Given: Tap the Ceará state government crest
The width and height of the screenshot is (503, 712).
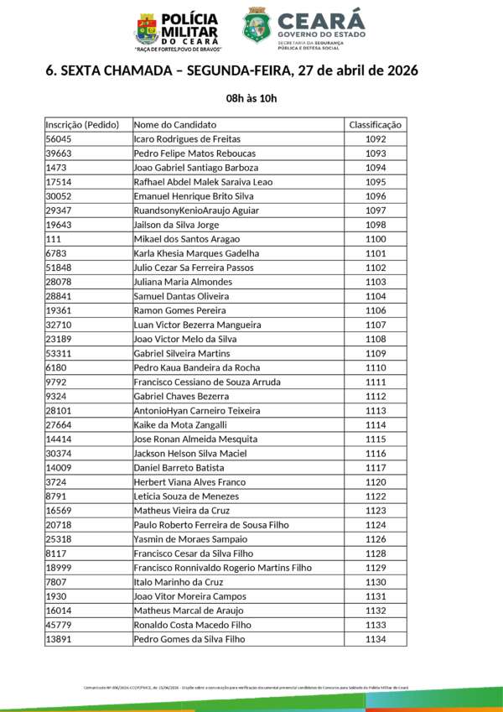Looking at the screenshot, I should point(256,26).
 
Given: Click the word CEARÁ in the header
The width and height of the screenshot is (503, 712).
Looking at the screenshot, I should point(320,19).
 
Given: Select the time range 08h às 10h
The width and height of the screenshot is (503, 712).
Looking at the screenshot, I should point(251,98).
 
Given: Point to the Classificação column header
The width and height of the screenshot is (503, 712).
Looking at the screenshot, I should point(376,125).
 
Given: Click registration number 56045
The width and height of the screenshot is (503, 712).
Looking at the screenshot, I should point(59,139).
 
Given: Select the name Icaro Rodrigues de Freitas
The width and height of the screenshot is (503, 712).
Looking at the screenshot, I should point(187,139).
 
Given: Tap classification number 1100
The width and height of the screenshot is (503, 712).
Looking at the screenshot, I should point(376,239).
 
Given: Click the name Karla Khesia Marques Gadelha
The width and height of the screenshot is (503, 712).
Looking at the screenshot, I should point(196,253).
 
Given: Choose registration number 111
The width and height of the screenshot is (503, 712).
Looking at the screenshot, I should point(53,239).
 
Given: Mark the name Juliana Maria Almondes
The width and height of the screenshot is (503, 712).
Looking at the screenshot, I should point(183,282).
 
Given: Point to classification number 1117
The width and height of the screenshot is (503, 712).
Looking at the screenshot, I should point(376,467).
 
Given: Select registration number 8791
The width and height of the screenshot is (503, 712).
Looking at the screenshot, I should point(56,496).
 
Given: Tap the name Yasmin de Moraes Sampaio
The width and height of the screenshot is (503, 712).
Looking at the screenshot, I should point(190,539).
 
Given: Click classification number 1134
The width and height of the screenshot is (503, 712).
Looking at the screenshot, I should point(376,639).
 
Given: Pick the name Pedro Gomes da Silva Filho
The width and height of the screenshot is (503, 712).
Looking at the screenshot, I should point(189,639).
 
